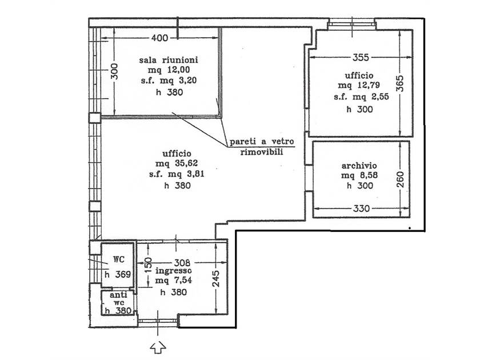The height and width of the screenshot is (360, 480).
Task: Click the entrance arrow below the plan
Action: pyautogui.click(x=158, y=348)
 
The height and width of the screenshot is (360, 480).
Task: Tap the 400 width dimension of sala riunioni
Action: pyautogui.click(x=159, y=38)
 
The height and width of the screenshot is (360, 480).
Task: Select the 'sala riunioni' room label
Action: pyautogui.click(x=169, y=59)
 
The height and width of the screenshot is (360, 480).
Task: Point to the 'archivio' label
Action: pyautogui.click(x=359, y=166)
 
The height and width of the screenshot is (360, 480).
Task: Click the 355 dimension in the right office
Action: pyautogui.click(x=361, y=57)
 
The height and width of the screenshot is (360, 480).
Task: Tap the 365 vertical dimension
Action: pyautogui.click(x=400, y=83)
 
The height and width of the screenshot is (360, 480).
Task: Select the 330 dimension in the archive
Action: pyautogui.click(x=361, y=209)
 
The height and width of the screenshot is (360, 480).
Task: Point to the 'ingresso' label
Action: pyautogui.click(x=174, y=271)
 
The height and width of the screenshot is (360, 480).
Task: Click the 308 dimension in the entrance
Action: pyautogui.click(x=182, y=263)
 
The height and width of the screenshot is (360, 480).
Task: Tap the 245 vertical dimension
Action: pyautogui.click(x=216, y=279)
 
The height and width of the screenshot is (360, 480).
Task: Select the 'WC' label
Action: pyautogui.click(x=119, y=259)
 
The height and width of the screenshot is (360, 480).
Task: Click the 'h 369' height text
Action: pyautogui.click(x=118, y=275)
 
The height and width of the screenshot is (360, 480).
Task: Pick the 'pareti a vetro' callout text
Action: pyautogui.click(x=262, y=142)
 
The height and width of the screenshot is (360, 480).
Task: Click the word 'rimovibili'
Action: pyautogui.click(x=262, y=152)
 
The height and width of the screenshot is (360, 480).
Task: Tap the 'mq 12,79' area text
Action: pyautogui.click(x=359, y=85)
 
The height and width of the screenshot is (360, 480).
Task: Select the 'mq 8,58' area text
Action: pyautogui.click(x=359, y=175)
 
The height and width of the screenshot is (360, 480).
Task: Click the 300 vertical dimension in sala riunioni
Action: pyautogui.click(x=114, y=71)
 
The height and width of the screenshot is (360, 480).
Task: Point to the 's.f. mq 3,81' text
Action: pyautogui.click(x=177, y=174)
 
